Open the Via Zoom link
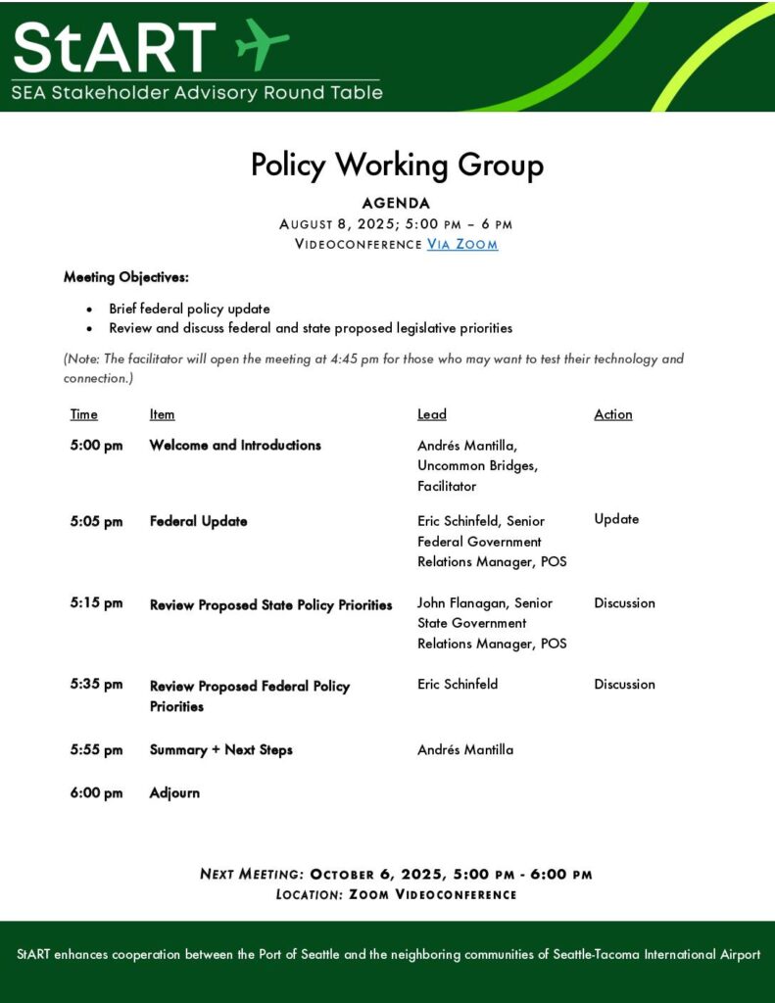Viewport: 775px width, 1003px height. [462, 244]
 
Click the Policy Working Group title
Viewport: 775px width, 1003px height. [397, 165]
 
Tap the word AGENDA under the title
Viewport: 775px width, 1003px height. [396, 204]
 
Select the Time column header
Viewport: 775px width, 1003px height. [84, 414]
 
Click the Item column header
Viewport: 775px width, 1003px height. [162, 414]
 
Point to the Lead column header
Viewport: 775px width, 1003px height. [431, 414]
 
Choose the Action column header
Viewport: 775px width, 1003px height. [613, 414]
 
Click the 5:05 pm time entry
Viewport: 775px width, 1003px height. [96, 521]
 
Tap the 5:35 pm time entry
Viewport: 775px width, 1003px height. [96, 685]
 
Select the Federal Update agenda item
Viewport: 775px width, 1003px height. [198, 521]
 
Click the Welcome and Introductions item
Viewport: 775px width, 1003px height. [235, 445]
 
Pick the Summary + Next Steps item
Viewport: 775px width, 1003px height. [220, 750]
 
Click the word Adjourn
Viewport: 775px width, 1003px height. [174, 792]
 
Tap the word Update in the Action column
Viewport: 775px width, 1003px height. [616, 519]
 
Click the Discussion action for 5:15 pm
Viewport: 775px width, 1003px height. [624, 603]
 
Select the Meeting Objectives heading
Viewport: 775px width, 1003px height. [126, 277]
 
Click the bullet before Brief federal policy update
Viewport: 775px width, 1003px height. [90, 310]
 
